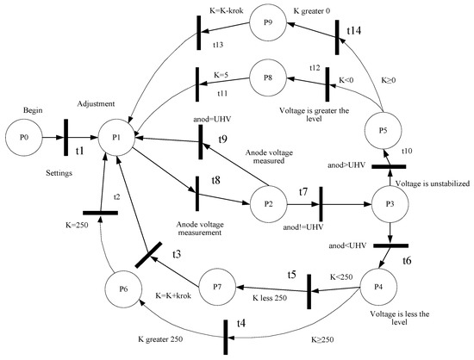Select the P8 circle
click(x=268, y=77)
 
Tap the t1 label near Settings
click(x=80, y=150)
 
